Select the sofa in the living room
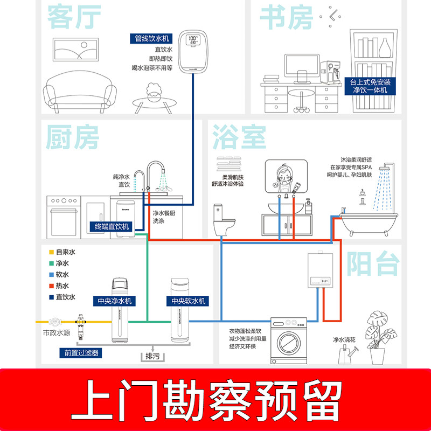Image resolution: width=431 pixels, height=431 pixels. click(x=79, y=91)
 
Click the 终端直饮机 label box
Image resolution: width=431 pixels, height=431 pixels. click(x=112, y=226)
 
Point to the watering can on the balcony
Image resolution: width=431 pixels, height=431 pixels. click(x=347, y=355)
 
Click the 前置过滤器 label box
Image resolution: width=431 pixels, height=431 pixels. click(x=81, y=353)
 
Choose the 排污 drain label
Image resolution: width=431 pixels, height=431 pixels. click(x=152, y=356)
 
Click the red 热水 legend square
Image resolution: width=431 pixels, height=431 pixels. click(x=52, y=286)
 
